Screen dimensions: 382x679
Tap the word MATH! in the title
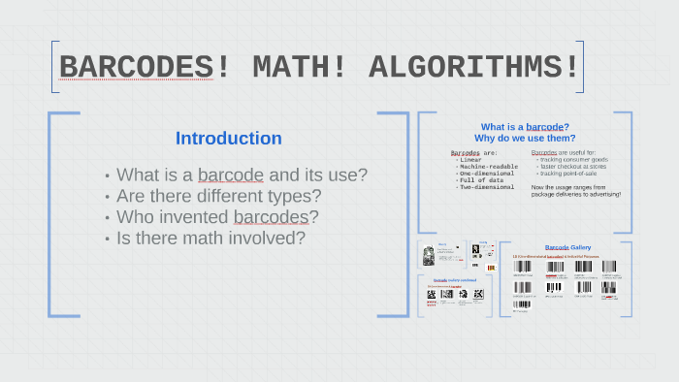(286, 67)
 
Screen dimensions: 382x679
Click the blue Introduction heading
(228, 139)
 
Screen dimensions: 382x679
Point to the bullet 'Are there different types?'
(218, 196)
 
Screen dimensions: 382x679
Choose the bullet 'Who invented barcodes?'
(217, 216)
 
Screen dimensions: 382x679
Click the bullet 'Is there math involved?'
(210, 238)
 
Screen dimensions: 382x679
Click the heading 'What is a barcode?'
(525, 127)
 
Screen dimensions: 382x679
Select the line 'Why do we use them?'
(525, 138)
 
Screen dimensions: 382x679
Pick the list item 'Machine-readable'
(489, 166)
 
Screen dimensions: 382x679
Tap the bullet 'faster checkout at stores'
(577, 166)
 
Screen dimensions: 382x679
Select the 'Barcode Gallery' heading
(568, 247)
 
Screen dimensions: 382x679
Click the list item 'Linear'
(472, 159)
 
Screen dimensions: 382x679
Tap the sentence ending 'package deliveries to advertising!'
(575, 194)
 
